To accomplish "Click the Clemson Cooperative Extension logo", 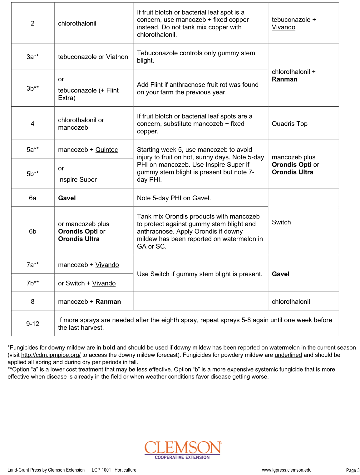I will (x=183, y=450).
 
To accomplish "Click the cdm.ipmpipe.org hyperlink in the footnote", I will (x=51, y=355).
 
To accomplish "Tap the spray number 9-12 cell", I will (x=33, y=324).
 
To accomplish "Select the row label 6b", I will (x=33, y=231).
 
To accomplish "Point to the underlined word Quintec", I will (x=106, y=150).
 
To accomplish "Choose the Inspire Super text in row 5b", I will (x=77, y=180).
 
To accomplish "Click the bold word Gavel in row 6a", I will (x=67, y=198).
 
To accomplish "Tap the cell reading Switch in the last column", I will (x=281, y=222).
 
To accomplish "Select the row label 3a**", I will (x=33, y=57).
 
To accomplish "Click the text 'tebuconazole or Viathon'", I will (x=93, y=57).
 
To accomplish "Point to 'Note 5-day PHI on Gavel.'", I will (x=174, y=198).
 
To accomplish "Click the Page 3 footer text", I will (x=353, y=470).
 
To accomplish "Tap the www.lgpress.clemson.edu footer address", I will (x=287, y=470).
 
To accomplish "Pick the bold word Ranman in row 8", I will (x=108, y=302).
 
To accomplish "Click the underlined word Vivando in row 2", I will (x=284, y=27).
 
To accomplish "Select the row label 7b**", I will (x=33, y=283).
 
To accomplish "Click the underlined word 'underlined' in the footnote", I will (x=288, y=355).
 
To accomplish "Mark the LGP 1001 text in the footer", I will (x=101, y=470).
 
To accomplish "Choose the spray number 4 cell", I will (x=33, y=124).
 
